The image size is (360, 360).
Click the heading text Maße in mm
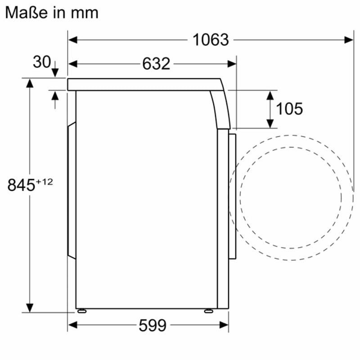(52, 13)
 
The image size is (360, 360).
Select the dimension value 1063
(211, 40)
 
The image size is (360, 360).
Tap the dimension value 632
(156, 64)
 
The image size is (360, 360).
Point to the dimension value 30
(41, 62)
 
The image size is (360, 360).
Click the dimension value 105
(289, 108)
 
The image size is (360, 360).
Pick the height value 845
(21, 185)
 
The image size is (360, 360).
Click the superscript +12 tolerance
(45, 182)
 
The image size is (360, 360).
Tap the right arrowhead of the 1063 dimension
(349, 40)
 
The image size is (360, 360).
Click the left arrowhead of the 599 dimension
(72, 324)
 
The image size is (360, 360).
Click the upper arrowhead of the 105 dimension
(270, 95)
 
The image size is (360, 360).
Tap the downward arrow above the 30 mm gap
(55, 72)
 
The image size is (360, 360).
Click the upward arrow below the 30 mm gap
(55, 95)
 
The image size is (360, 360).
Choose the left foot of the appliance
(82, 311)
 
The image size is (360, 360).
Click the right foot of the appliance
(208, 311)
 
